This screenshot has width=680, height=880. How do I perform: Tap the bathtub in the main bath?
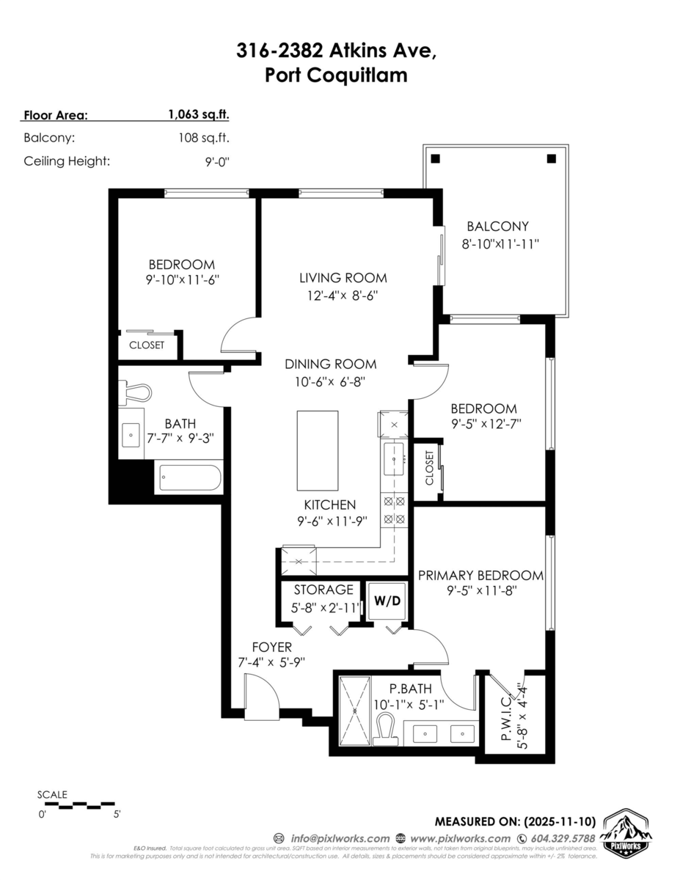pos(189,479)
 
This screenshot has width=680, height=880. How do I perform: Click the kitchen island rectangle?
pos(318,450)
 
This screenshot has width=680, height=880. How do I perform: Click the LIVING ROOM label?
pos(343,278)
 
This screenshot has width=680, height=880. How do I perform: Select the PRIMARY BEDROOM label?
pos(480,576)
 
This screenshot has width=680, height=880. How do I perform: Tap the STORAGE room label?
pos(323,590)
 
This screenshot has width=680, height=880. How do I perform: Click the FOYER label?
pos(271,647)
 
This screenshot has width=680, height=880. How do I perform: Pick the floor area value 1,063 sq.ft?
pos(199,114)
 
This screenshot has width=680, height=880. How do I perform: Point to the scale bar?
pos(77,805)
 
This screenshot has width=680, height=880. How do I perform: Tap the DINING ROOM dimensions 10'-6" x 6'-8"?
pos(330,381)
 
